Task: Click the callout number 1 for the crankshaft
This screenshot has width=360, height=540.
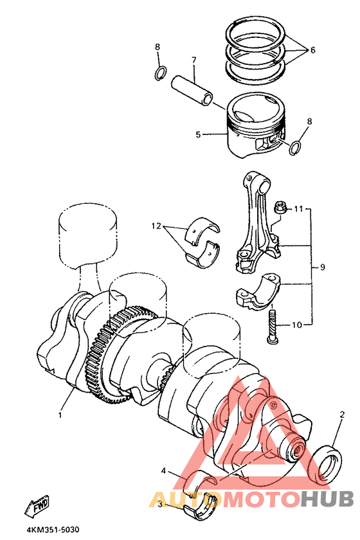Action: coord(60,415)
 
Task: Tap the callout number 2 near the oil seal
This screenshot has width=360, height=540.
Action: coord(342,415)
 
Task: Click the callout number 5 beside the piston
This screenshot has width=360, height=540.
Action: coord(198,134)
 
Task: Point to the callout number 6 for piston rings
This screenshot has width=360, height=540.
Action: coord(312,50)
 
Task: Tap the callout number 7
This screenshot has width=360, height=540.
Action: coord(194,60)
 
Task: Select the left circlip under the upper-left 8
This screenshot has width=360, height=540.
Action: coord(160,74)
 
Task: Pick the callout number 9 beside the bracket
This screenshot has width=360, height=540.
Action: coord(323,267)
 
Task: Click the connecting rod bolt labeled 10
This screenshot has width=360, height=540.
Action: coord(271,325)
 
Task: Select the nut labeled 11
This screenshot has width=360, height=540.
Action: coord(280,209)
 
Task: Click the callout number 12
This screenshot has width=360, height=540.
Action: coord(156,226)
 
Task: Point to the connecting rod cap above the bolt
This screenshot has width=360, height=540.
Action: coord(259,291)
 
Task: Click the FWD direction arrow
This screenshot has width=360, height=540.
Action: coord(37,507)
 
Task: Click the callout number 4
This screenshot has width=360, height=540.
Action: coord(163,471)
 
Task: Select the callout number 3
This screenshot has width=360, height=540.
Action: coord(160,505)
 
